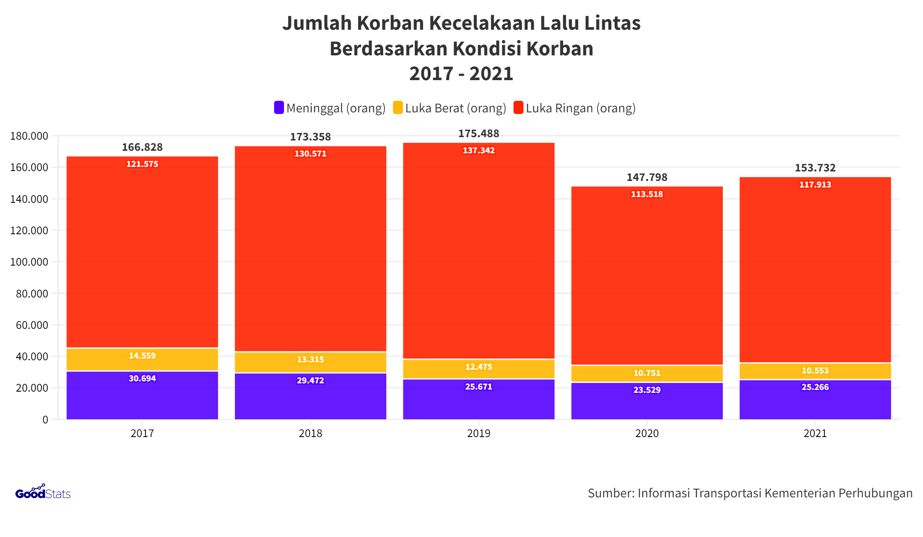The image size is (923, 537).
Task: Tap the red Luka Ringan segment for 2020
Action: (647, 277)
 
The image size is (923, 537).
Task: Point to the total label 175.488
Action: (478, 133)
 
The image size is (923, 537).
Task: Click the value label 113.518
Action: (647, 194)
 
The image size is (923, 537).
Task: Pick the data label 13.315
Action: (310, 359)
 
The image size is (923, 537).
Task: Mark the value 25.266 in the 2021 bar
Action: (815, 387)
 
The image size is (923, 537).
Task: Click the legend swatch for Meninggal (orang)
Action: (279, 108)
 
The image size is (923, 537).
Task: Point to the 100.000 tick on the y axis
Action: (29, 262)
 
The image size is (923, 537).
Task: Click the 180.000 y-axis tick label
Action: (29, 136)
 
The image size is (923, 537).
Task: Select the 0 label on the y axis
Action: (45, 420)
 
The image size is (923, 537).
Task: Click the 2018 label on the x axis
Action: (310, 433)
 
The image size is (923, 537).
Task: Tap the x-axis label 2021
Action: (815, 433)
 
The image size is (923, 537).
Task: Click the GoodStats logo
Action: (43, 492)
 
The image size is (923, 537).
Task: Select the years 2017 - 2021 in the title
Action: (461, 74)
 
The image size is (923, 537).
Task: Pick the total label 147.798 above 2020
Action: (647, 177)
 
